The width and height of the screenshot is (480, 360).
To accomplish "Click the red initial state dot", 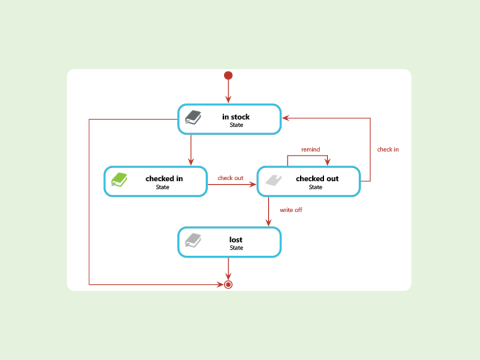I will point(228,75).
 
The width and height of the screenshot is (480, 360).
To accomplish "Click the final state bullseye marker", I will point(228,285).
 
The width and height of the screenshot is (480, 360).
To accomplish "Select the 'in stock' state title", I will point(236,117).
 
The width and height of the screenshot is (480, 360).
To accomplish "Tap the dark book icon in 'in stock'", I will point(193,118).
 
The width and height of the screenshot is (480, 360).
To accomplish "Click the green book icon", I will point(119,180).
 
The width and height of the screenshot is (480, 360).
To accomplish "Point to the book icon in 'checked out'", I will point(271,180).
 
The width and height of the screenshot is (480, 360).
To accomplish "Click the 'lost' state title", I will point(236,240).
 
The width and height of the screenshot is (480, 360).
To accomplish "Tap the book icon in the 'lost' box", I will point(193,241).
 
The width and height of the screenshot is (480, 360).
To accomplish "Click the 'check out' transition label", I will point(230,178).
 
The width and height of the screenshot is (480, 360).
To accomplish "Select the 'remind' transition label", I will point(310,149).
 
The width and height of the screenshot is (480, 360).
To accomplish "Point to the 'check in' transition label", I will point(387,149).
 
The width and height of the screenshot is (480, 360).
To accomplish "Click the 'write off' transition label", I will point(291,210).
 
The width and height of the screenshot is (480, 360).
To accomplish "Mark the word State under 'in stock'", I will point(236,125).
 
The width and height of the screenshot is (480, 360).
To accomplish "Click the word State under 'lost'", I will point(236,248).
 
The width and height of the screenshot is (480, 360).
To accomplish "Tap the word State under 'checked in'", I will point(162,187).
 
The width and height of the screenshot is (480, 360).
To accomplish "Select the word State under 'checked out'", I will point(315,187).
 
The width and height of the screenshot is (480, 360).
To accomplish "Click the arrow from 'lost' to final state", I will point(228,268).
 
